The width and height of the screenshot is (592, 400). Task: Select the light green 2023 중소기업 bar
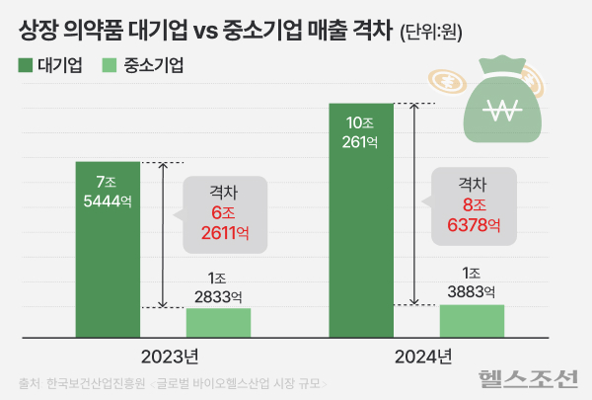(x=218, y=322)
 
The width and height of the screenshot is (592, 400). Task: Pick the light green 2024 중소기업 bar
(x=472, y=320)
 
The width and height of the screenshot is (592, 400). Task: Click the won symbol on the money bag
(x=510, y=110)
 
